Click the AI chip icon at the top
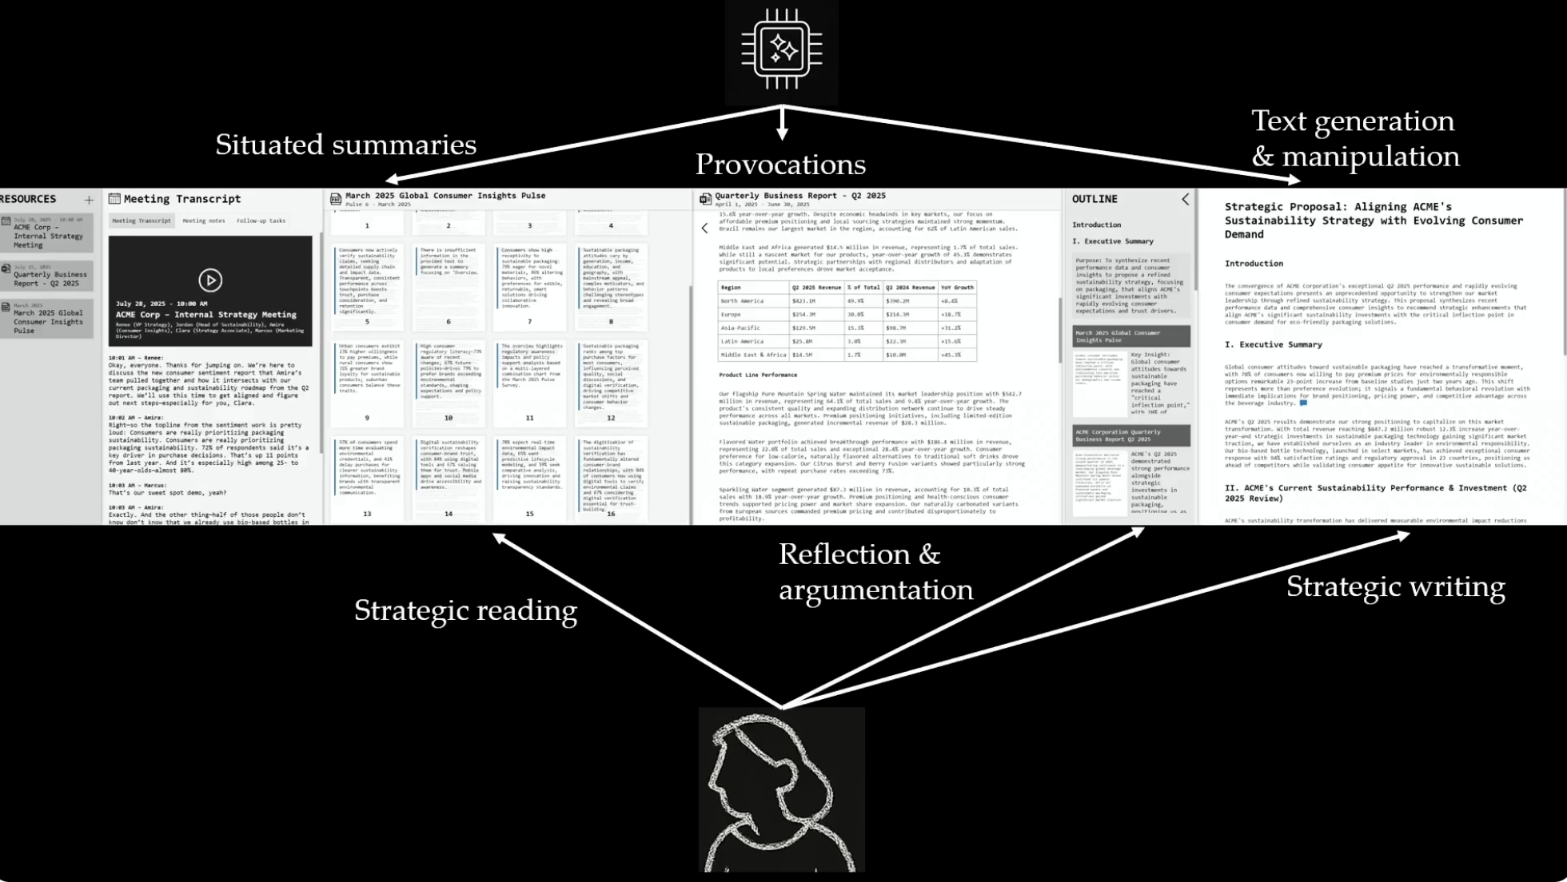coord(781,50)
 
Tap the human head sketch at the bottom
coord(781,791)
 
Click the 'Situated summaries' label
coord(345,145)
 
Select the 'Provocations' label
coord(780,165)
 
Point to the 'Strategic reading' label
coord(465,610)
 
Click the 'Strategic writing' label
coord(1395,586)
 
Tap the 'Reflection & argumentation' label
coord(875,572)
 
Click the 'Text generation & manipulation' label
coord(1354,138)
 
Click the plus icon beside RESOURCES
coord(89,200)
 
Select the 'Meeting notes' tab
coord(204,220)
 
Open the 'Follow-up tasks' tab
coord(261,220)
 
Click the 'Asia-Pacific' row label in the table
coord(740,328)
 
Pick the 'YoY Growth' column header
coord(957,288)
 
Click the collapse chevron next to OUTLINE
coord(1185,200)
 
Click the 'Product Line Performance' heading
coord(757,375)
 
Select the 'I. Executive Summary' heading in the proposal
coord(1273,345)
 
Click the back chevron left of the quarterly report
coord(704,228)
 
